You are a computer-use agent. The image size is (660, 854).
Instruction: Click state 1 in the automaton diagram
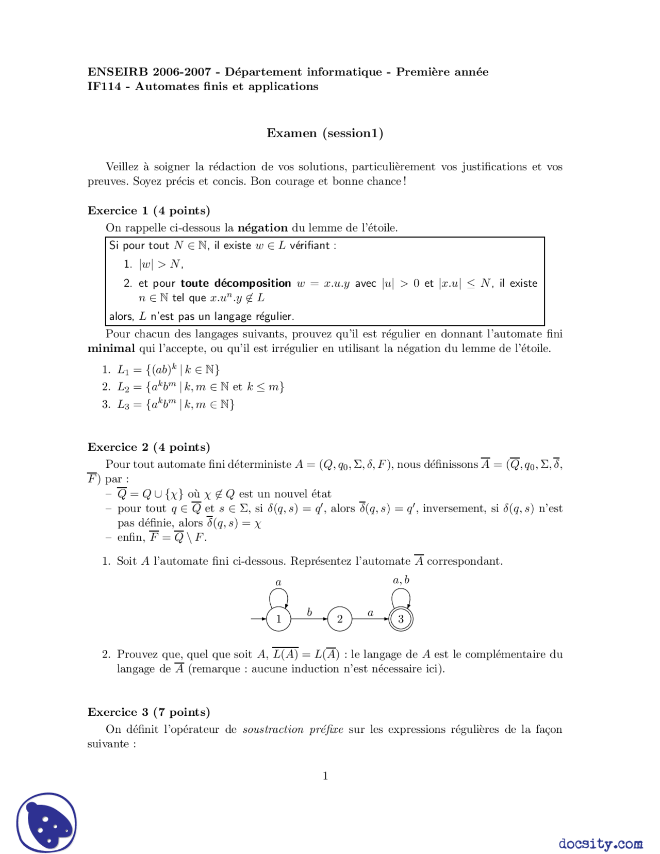278,619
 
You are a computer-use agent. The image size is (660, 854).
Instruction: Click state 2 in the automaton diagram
339,619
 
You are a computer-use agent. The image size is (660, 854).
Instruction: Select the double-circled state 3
401,619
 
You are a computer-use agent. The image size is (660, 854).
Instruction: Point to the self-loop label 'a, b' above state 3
401,580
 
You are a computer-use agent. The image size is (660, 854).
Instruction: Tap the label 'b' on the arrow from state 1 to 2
309,612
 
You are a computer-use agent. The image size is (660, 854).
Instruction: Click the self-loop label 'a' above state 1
278,583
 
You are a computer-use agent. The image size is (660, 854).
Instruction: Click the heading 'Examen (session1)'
324,133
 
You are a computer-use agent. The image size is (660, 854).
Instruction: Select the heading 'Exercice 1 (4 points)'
149,210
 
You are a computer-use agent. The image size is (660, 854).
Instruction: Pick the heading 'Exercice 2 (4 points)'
149,447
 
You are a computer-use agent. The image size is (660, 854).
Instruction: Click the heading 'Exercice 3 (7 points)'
149,712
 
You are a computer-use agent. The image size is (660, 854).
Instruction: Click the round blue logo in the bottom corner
46,823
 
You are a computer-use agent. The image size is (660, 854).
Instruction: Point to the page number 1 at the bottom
325,776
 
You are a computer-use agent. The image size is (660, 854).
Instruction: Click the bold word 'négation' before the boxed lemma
262,228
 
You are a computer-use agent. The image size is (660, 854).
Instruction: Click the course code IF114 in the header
104,87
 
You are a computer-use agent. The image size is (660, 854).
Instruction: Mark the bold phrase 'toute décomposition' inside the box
236,283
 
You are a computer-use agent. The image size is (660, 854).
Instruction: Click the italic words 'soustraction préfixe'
293,730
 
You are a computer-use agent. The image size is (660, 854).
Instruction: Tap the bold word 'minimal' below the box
111,349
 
